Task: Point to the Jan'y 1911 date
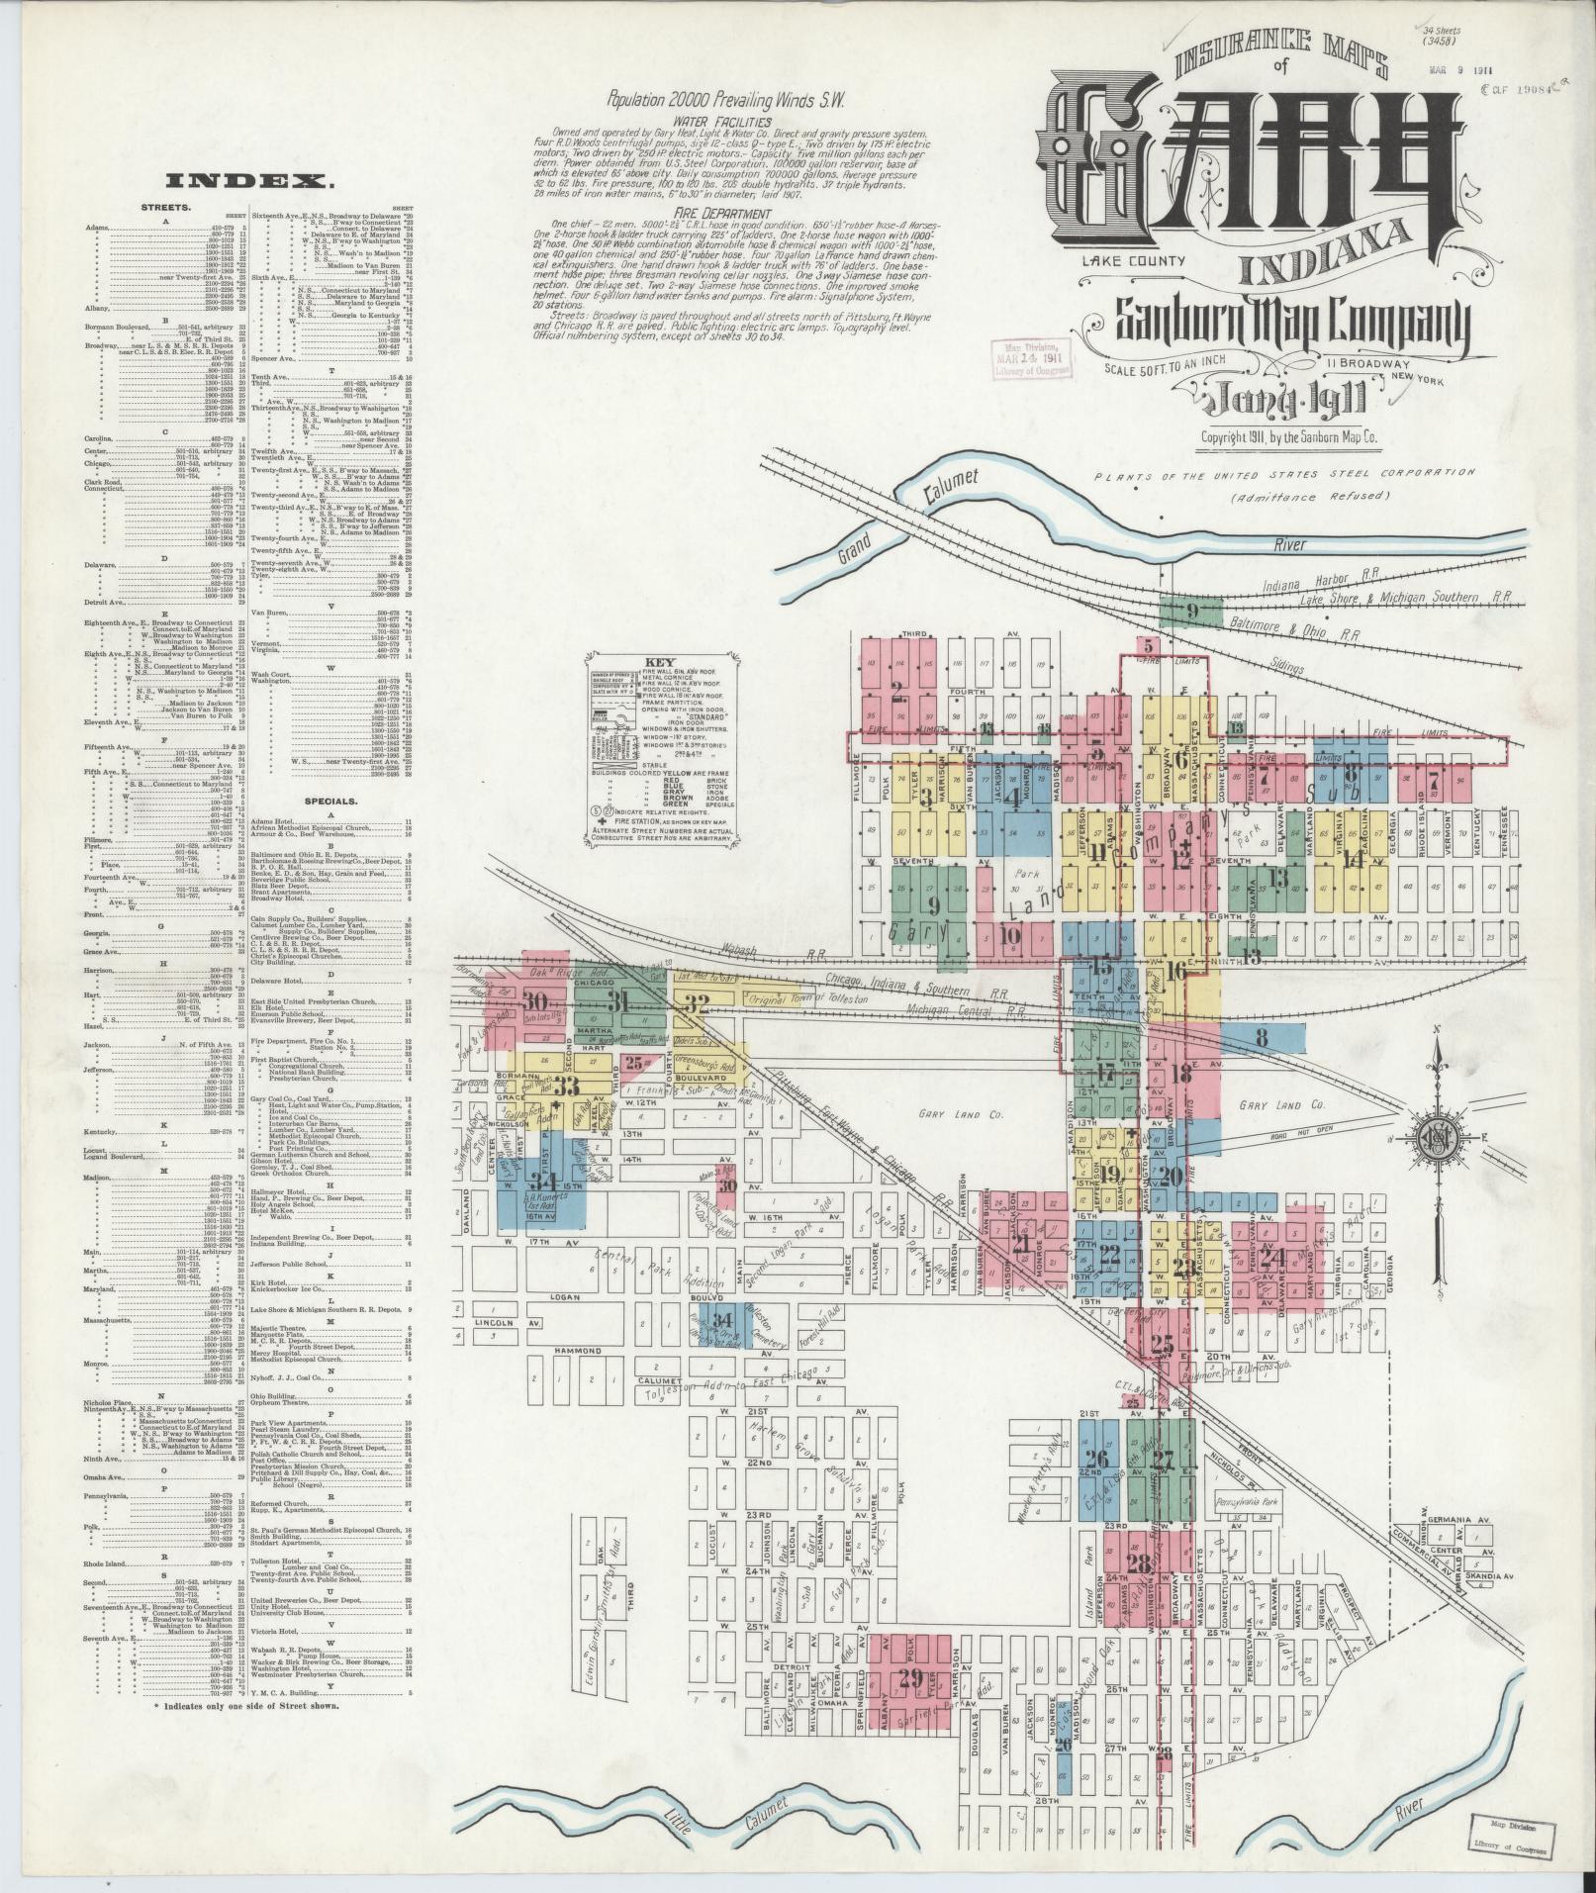pos(1283,401)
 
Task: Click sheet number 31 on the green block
pos(620,1000)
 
